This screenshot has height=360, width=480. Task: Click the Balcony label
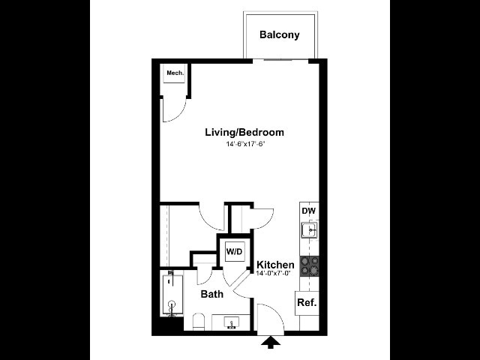click(x=279, y=34)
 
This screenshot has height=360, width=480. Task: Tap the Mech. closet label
click(x=175, y=73)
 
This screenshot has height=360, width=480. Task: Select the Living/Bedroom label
click(x=244, y=132)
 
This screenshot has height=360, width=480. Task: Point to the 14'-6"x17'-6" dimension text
click(x=244, y=144)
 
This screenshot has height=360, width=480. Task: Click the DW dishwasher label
click(x=308, y=211)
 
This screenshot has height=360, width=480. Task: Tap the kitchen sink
click(x=310, y=230)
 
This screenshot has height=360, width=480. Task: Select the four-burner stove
click(x=310, y=266)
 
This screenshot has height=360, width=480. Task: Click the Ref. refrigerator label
click(x=307, y=302)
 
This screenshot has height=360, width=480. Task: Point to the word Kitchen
click(x=275, y=265)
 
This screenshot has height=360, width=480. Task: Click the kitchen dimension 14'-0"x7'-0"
click(x=273, y=273)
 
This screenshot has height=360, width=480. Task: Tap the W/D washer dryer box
click(x=235, y=252)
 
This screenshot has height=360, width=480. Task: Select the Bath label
click(x=211, y=294)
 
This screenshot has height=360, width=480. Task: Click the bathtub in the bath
click(x=172, y=295)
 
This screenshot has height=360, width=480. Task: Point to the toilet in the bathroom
click(x=198, y=322)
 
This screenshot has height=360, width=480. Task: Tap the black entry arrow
click(x=271, y=342)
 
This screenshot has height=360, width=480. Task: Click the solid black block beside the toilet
click(x=168, y=325)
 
